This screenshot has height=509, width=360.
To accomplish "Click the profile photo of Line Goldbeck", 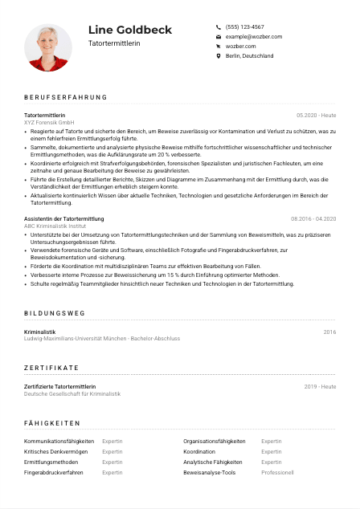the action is [x=48, y=47].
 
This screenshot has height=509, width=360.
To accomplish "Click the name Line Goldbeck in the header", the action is [x=129, y=30].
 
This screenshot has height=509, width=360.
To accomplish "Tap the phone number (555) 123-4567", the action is [x=244, y=26].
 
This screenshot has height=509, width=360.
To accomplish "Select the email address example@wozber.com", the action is [x=254, y=37].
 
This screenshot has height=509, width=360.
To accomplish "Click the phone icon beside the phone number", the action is [x=219, y=26].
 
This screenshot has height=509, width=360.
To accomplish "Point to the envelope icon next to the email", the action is [x=219, y=37].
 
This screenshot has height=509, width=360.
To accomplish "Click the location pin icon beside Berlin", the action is [x=219, y=56].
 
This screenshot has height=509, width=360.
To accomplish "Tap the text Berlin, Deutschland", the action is [x=249, y=56].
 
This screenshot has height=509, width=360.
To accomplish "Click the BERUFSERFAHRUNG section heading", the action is [x=65, y=98].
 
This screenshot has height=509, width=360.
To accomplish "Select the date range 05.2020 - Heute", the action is [x=317, y=116].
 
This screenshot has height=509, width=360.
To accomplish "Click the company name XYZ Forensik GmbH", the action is [x=49, y=122].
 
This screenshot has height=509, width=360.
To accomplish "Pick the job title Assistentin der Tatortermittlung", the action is [x=64, y=218].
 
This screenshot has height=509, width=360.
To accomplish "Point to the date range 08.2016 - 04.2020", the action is [x=313, y=218].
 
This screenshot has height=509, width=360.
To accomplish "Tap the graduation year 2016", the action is [x=329, y=332].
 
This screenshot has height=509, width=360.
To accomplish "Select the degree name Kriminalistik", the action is [x=40, y=332].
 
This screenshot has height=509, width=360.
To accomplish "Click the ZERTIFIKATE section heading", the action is [x=51, y=367].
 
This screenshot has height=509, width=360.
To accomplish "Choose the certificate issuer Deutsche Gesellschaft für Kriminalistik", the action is [x=72, y=393].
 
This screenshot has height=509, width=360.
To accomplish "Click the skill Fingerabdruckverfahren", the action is [x=54, y=473].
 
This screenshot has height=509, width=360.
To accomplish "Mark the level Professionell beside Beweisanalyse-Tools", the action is [x=277, y=473].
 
